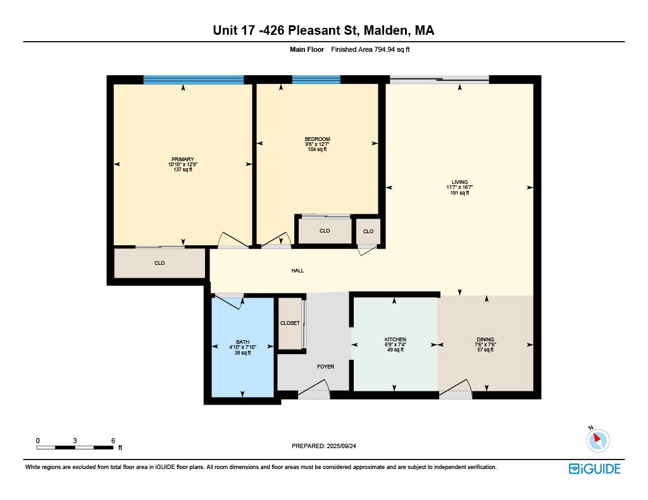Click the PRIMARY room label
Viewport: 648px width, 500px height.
click(x=182, y=159)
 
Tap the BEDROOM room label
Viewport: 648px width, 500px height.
click(x=317, y=139)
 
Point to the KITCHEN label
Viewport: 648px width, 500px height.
click(x=396, y=339)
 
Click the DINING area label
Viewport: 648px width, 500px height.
click(x=485, y=339)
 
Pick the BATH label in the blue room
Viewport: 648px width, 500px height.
click(x=242, y=342)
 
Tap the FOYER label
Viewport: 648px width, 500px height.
click(x=325, y=367)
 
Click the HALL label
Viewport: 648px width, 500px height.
click(x=297, y=271)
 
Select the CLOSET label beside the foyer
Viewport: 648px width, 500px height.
click(x=290, y=323)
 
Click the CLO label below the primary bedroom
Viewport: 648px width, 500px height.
click(x=159, y=263)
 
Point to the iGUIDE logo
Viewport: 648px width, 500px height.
click(x=594, y=468)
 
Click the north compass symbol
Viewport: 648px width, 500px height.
click(x=597, y=440)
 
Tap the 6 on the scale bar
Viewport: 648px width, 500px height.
click(x=113, y=440)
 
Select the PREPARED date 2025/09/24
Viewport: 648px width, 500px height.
click(x=344, y=446)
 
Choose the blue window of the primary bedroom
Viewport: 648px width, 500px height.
click(x=193, y=80)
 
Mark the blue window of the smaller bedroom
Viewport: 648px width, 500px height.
click(x=316, y=80)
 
